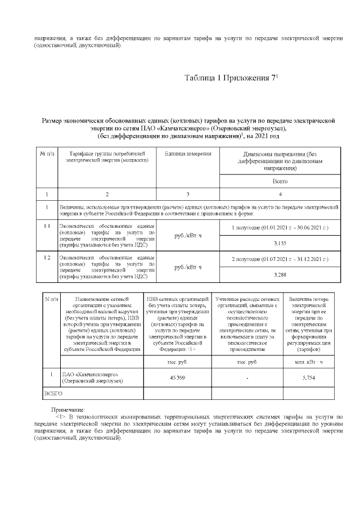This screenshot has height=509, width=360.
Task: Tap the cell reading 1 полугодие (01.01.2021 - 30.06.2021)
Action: [x=280, y=229]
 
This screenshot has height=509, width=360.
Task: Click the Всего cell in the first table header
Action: [x=280, y=182]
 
